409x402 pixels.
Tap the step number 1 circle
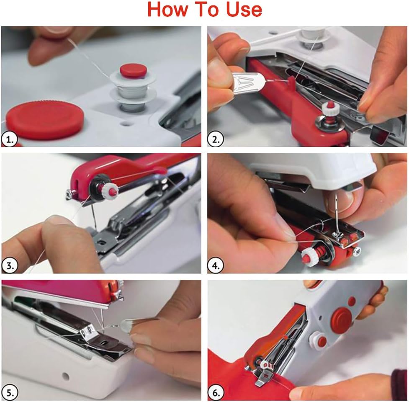(9, 139)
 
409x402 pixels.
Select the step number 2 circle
(216, 139)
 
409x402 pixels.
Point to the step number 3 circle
(9, 265)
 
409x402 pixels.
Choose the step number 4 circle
(216, 265)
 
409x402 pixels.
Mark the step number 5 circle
(9, 392)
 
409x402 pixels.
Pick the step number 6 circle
(216, 392)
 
